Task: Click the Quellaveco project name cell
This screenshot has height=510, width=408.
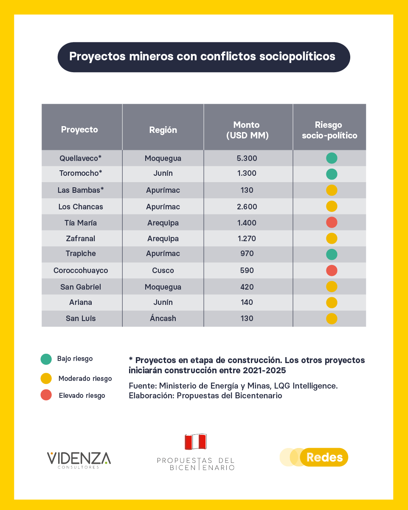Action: pos(81,158)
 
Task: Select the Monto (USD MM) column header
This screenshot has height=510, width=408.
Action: pos(247,130)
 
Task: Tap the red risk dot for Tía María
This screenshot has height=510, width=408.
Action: pos(332,222)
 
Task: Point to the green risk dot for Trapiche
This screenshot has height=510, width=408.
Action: pos(332,254)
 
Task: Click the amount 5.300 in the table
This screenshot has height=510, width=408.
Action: pos(247,158)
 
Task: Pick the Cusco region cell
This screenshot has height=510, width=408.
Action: pos(163,270)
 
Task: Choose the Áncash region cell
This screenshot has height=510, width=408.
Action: pos(163,318)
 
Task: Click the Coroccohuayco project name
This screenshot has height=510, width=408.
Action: pos(81,270)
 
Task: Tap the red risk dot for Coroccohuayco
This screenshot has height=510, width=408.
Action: pos(332,270)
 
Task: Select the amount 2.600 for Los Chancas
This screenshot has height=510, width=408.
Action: pos(247,207)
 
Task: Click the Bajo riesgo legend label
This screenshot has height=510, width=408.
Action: pos(75,358)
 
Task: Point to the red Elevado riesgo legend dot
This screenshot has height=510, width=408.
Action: pos(46,395)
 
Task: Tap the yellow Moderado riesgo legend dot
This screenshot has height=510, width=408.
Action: pos(46,378)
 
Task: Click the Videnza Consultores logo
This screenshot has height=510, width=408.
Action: pos(79,460)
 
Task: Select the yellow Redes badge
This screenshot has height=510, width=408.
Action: pos(324,457)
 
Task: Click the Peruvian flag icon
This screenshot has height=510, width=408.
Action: pos(196,442)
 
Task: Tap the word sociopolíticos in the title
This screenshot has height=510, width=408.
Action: pos(297,56)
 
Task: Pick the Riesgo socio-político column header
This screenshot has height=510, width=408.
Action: pos(329,130)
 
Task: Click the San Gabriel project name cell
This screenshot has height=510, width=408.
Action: pos(81,287)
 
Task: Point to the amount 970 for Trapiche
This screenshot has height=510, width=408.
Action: pos(247,254)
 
